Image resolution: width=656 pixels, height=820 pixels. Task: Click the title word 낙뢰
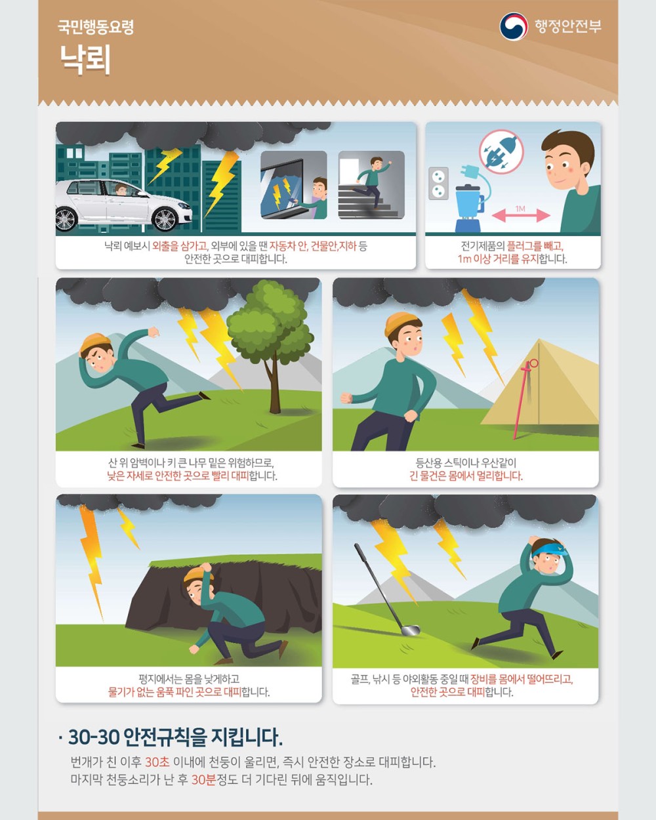(85, 59)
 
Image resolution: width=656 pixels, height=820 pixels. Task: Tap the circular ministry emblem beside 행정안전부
(514, 26)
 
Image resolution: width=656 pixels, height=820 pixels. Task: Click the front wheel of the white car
(164, 220)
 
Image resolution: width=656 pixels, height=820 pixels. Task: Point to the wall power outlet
(438, 183)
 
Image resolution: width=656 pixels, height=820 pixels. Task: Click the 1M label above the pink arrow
(520, 209)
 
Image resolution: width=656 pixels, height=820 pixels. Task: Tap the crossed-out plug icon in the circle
(501, 152)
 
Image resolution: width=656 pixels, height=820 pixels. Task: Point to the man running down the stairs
(373, 182)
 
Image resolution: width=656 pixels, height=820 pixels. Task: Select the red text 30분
(203, 779)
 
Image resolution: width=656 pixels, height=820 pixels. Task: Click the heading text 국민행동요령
(96, 27)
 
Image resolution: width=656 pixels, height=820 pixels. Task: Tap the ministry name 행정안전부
(567, 26)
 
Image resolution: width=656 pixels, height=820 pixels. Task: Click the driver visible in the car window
(121, 190)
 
